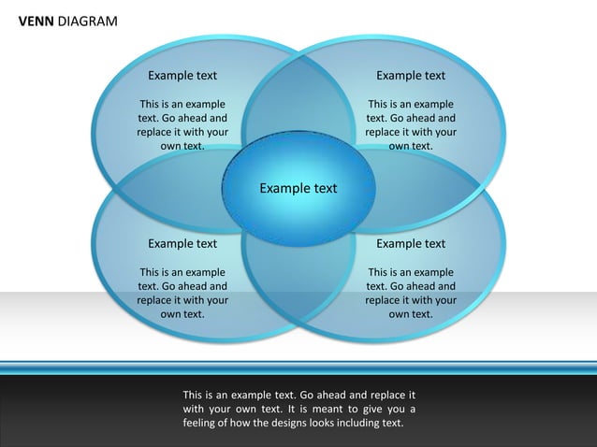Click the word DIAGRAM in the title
tap(87, 21)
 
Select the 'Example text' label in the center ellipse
tap(298, 188)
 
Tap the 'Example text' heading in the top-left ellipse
tap(182, 76)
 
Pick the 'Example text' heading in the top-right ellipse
tap(411, 76)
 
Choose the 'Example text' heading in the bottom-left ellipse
tap(182, 244)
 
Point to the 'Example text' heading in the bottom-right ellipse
tap(411, 244)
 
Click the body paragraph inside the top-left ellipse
tap(182, 125)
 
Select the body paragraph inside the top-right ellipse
tap(411, 125)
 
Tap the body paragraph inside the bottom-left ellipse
tap(182, 294)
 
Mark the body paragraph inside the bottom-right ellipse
tap(411, 294)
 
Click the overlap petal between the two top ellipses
tap(298, 103)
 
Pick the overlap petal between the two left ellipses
tap(168, 192)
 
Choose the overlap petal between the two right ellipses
tap(430, 192)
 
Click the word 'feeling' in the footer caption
tap(202, 423)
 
